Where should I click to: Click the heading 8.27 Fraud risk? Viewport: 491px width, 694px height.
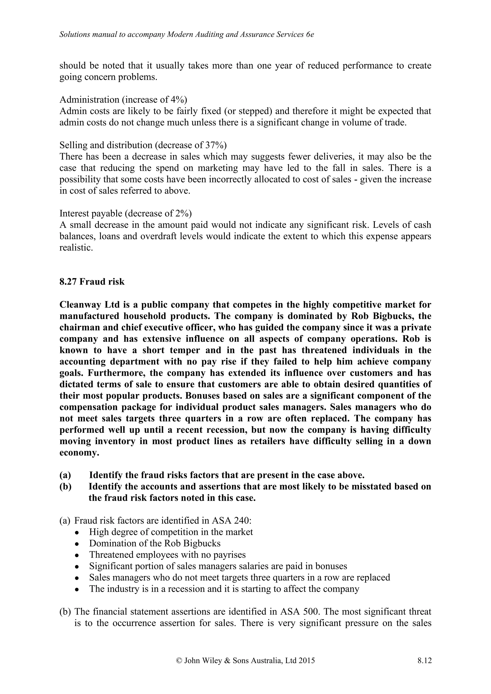pyautogui.click(x=92, y=281)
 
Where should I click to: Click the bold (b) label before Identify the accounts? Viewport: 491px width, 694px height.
pyautogui.click(x=65, y=487)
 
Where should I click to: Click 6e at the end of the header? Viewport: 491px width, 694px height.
pyautogui.click(x=310, y=34)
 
